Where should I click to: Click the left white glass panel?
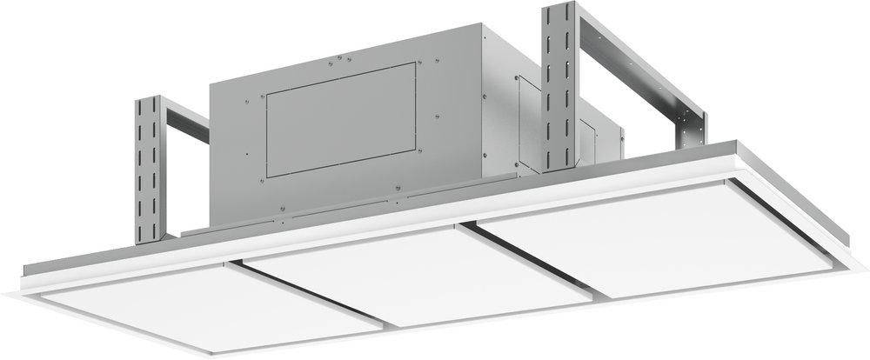coord(209,304)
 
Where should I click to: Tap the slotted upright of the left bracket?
coord(150,170)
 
